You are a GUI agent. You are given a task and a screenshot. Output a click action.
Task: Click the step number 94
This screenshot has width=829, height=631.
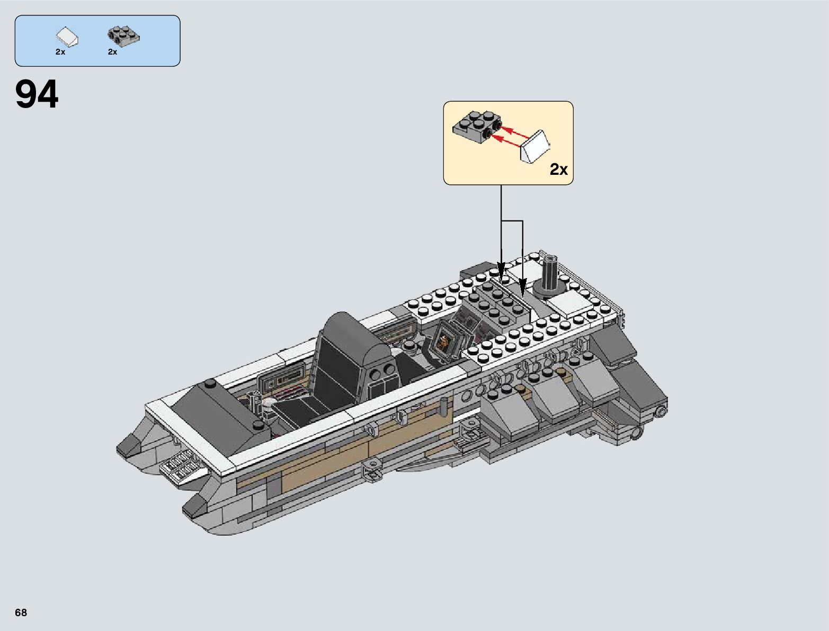(x=37, y=94)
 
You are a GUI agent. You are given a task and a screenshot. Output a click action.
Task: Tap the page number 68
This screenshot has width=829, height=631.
(x=21, y=612)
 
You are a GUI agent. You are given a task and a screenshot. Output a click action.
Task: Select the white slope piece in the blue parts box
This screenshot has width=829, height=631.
(x=67, y=37)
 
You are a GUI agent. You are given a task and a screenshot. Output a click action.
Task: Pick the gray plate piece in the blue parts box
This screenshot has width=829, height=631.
(x=123, y=36)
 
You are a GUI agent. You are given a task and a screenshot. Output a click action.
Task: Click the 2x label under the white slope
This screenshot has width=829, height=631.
(x=60, y=52)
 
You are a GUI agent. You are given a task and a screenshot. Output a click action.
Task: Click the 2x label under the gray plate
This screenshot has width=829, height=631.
(x=112, y=52)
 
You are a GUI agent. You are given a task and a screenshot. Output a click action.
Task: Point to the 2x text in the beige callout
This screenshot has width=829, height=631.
(x=559, y=169)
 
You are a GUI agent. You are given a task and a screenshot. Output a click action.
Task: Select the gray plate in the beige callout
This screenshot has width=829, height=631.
(x=477, y=127)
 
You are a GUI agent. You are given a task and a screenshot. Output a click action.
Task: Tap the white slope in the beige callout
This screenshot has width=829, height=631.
(x=535, y=147)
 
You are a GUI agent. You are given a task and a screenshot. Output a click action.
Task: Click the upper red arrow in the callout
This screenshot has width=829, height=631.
(x=515, y=131)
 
